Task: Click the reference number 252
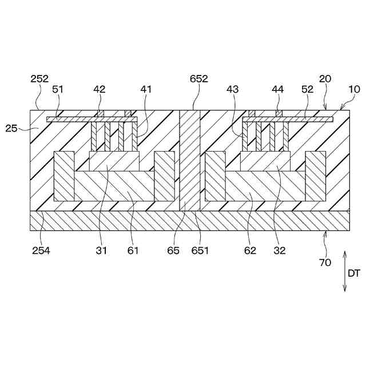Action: coord(39,79)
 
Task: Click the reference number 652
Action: coord(199,79)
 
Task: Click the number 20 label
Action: coord(325,79)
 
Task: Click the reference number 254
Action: coord(39,250)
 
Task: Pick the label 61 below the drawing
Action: coord(132,250)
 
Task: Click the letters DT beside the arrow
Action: coord(354,273)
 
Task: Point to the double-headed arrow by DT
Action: coord(345,272)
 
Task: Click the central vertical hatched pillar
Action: coord(189,161)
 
